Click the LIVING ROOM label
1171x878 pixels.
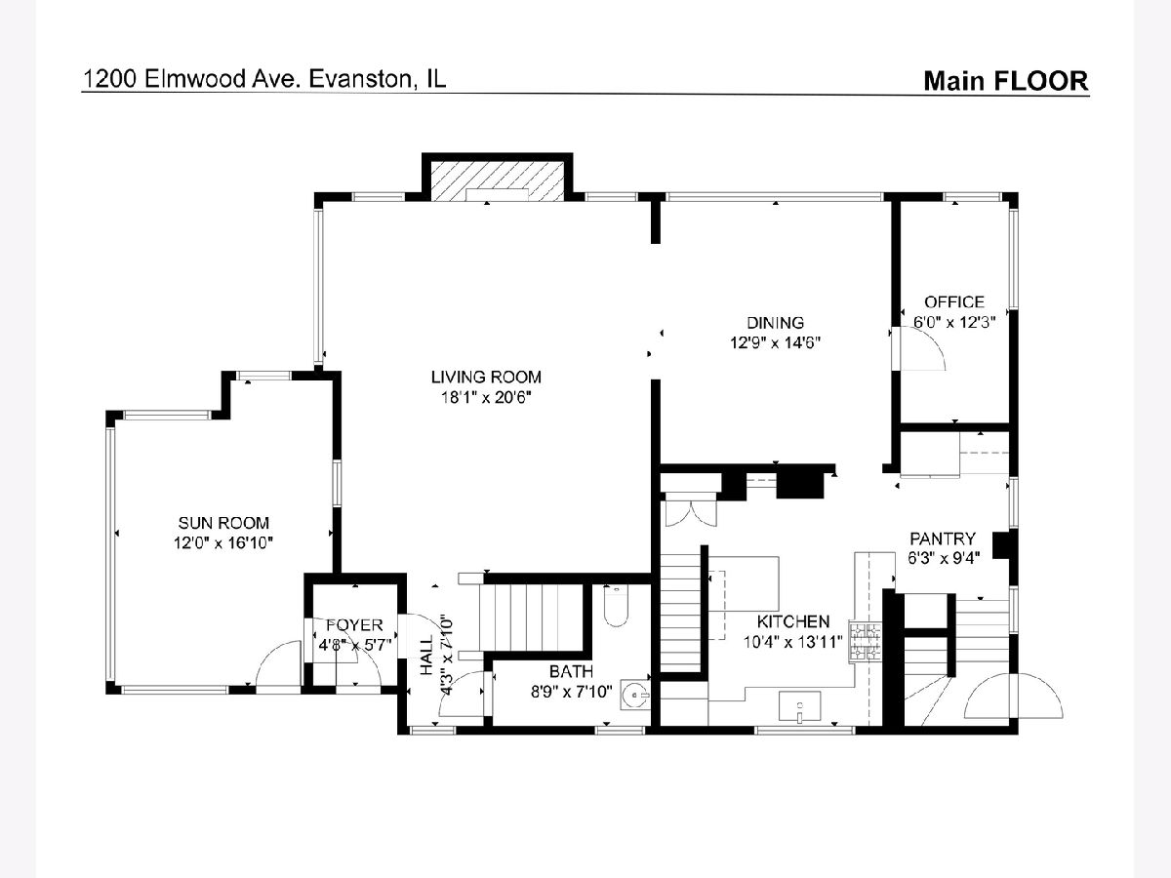tap(486, 378)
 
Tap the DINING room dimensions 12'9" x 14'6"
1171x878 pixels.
tap(775, 342)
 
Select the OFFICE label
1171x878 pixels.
tap(953, 302)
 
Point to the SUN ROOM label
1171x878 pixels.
tap(223, 523)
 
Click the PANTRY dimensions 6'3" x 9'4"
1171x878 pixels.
tap(944, 558)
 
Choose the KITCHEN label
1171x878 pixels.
tap(793, 621)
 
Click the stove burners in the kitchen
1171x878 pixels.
tap(865, 643)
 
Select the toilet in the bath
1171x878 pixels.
tap(616, 606)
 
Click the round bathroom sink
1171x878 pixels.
tap(635, 695)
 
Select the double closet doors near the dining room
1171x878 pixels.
tap(691, 513)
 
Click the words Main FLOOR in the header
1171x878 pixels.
tap(1006, 81)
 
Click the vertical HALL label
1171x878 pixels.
tap(426, 656)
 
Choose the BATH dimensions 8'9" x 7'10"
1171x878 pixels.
tap(572, 692)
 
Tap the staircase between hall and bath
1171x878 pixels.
tap(531, 618)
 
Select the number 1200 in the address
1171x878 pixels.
tap(110, 79)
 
